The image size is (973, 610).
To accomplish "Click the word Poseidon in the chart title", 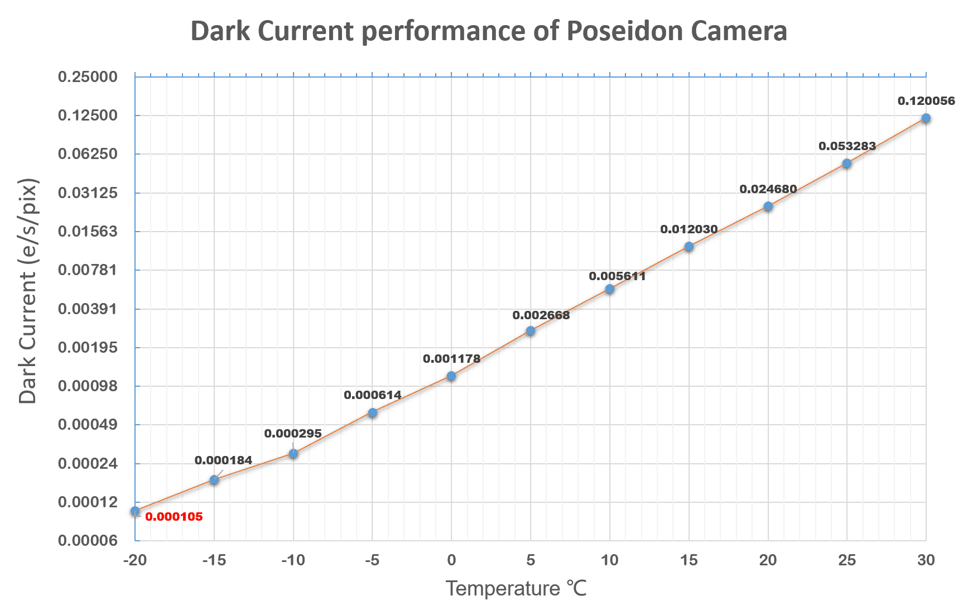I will tap(624, 31).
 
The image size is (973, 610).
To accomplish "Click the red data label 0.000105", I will tap(174, 517).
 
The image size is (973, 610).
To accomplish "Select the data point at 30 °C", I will tap(926, 118).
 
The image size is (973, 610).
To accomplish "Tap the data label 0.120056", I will tap(926, 101).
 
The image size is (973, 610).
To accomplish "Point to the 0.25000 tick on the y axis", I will tap(88, 76).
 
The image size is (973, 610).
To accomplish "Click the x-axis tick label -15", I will tap(214, 560).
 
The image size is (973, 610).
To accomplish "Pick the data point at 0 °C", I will tap(451, 376).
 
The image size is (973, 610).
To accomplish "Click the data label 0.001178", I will tap(451, 359).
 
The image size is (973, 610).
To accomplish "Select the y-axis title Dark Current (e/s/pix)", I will tap(27, 291).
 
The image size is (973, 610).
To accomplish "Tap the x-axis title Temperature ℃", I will tap(516, 588).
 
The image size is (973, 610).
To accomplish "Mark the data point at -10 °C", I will tap(293, 454).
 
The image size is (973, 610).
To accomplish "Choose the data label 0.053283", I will tap(847, 146).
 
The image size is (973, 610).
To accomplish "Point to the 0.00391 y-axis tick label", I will tap(88, 309).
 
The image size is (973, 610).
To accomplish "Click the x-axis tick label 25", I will tap(847, 560).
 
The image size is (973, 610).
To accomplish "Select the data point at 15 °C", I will tap(689, 247).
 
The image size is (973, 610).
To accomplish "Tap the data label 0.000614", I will tap(372, 395).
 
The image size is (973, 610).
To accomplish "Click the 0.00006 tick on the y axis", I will tap(88, 540).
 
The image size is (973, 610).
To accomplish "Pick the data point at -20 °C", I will tap(135, 511).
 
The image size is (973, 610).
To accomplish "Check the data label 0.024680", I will tap(768, 189).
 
